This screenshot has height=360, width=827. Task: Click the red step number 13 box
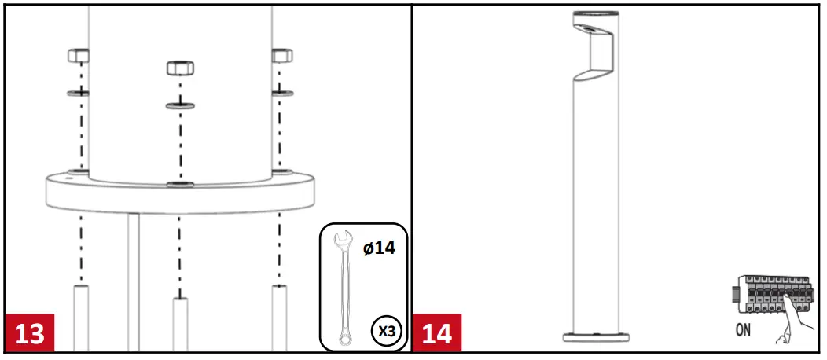(x=31, y=333)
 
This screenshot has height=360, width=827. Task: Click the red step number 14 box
(x=438, y=333)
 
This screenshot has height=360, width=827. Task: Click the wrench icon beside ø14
(x=342, y=288)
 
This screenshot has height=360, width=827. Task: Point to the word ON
(x=744, y=330)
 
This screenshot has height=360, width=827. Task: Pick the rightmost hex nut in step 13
(x=281, y=56)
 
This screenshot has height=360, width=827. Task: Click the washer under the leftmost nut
(x=78, y=93)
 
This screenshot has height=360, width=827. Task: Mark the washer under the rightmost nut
(x=281, y=93)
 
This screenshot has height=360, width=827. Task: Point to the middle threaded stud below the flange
(x=180, y=322)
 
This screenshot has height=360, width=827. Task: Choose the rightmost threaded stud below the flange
(x=280, y=318)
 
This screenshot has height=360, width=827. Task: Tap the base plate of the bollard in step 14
(x=596, y=336)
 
